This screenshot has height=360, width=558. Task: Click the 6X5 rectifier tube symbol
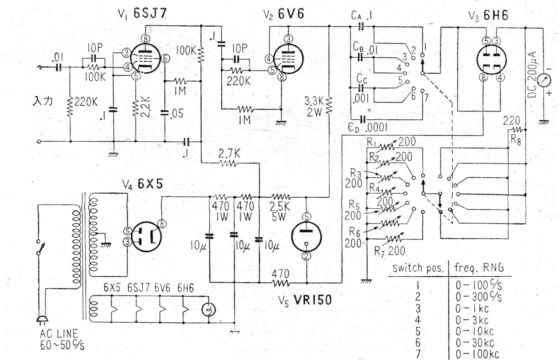tap(146, 236)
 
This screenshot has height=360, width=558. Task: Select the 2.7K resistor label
tap(229, 154)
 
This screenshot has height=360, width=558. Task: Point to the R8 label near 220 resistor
tap(516, 140)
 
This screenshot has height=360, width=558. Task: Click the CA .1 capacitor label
tap(362, 16)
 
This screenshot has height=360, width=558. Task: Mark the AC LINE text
tap(59, 334)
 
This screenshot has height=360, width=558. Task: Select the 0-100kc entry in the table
tap(477, 354)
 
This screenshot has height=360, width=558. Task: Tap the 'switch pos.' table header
tap(418, 268)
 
